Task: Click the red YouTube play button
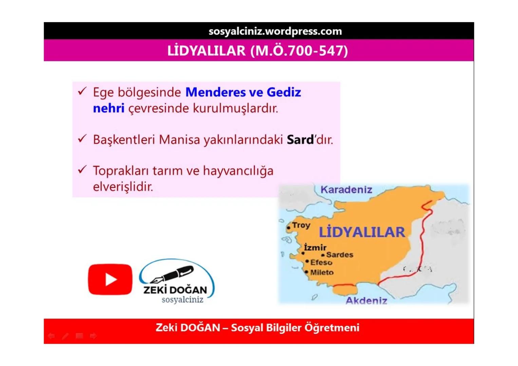coord(110,280)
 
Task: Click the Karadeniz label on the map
coord(346,190)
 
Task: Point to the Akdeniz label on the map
coord(366,301)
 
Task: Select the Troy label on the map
coord(301,225)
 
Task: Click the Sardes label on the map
coord(340,255)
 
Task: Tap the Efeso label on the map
coord(321,263)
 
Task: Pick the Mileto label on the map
coord(322,272)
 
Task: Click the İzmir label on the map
coord(315,247)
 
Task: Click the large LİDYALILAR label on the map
coord(362,232)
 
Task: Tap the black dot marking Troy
coord(289,228)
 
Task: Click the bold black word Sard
coord(300,140)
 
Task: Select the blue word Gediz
coord(284,92)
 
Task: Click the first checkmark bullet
coord(82,91)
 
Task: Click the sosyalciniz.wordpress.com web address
coord(275,31)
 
